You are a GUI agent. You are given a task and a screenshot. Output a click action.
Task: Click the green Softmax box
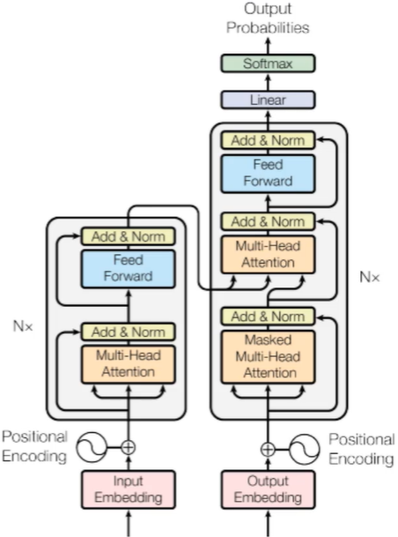pos(268,63)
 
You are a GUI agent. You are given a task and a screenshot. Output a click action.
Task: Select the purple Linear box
pos(268,100)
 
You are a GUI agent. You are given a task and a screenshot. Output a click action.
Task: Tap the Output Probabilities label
pos(268,19)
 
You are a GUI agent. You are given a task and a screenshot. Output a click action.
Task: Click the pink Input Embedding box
pos(129,489)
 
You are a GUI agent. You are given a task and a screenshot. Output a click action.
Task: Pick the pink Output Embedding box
pos(268,489)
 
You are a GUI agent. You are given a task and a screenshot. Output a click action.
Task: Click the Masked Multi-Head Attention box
pos(268,356)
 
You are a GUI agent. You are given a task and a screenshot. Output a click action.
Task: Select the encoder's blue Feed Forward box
pos(129,269)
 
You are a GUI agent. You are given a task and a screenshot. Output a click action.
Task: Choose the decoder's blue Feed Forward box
pos(268,174)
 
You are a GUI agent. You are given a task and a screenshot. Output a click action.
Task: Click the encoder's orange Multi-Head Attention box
pos(129,364)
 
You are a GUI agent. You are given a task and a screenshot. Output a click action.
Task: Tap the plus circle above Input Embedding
pos(129,447)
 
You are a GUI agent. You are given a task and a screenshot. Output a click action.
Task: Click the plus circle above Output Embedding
pos(268,449)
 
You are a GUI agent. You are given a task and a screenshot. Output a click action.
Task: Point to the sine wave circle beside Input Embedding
pos(92,447)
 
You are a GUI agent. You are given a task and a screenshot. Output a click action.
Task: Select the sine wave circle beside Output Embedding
pos(305,449)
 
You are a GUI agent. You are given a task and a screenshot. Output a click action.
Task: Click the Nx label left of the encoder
pos(23,326)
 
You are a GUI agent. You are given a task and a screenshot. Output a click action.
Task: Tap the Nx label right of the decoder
pos(370,277)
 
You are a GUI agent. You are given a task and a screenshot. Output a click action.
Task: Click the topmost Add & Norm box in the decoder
pos(268,140)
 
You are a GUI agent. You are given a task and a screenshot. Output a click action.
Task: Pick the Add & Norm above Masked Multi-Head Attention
pos(268,316)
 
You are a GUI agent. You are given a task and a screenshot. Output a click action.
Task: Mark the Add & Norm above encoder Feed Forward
pos(129,236)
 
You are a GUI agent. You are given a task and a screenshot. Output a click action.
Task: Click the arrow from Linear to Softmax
pos(268,81)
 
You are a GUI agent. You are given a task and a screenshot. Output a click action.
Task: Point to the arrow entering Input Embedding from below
pos(129,523)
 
